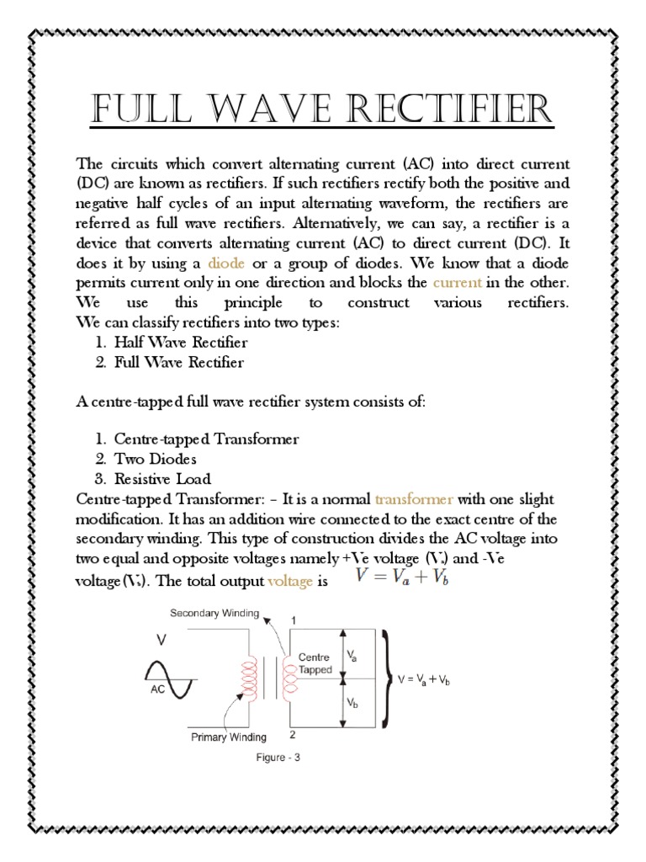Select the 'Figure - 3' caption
click(278, 758)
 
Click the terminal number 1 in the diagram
click(294, 620)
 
